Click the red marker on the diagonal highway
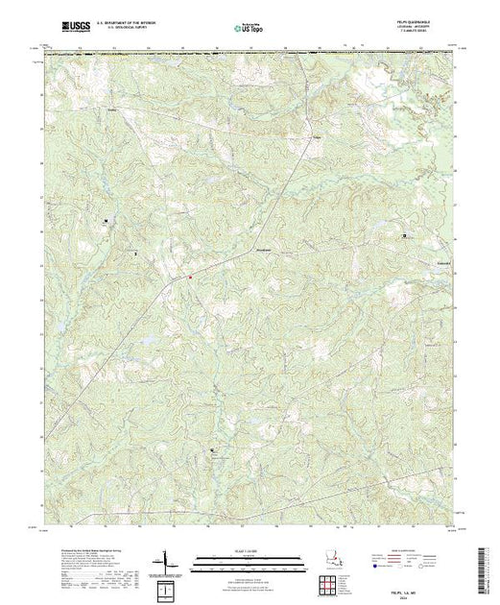point(190,278)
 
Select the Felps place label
point(315,134)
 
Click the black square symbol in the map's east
point(404,235)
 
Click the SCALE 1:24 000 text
point(249,550)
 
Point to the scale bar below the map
point(249,559)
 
